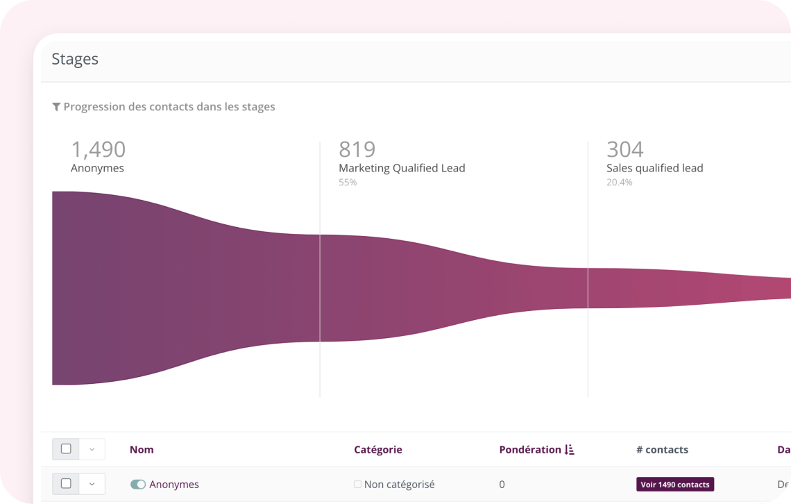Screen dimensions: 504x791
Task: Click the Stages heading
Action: tap(75, 60)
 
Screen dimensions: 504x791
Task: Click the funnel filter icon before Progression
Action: tap(56, 107)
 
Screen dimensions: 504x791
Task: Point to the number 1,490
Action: tap(99, 149)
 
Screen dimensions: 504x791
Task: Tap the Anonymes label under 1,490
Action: tap(97, 168)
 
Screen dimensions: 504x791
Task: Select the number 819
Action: tap(357, 149)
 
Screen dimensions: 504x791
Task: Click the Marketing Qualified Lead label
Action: tap(402, 168)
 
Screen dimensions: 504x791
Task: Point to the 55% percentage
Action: tap(348, 183)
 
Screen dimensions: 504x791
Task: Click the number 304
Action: tap(624, 149)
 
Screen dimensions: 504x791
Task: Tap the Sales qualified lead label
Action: tap(654, 168)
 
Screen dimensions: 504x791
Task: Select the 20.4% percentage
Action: tap(619, 183)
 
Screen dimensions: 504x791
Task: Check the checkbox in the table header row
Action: tap(66, 449)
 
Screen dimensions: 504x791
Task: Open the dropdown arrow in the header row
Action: tap(92, 449)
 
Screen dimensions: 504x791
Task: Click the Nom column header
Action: tap(142, 450)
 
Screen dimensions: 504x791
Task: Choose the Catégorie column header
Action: tap(377, 450)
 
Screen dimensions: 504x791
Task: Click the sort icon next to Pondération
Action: tap(570, 450)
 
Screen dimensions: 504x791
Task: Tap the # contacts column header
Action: tap(662, 450)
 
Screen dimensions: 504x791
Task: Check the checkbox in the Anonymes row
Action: tap(66, 484)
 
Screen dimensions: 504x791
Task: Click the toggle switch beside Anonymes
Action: tap(138, 485)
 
